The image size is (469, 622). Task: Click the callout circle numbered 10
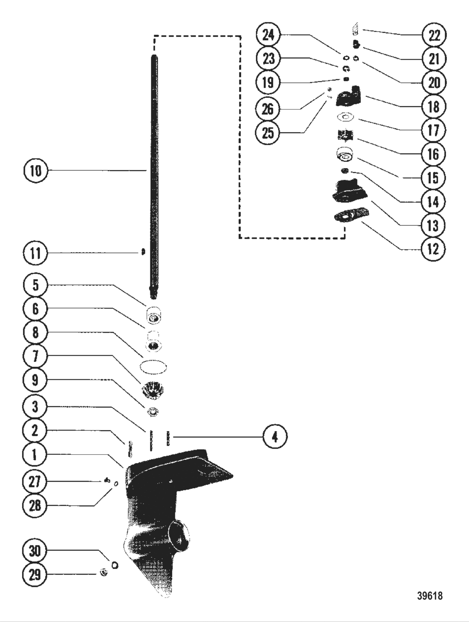(x=36, y=171)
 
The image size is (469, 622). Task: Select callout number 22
(x=433, y=35)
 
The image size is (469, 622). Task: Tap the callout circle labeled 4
(x=275, y=437)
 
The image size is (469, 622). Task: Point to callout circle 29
(x=35, y=574)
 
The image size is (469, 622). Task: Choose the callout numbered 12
(x=433, y=249)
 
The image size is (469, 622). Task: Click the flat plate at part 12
(x=350, y=216)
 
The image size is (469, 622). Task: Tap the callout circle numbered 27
(x=35, y=481)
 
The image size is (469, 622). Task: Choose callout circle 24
(x=268, y=35)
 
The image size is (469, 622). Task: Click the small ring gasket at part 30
(x=114, y=566)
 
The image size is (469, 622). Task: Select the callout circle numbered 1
(x=35, y=455)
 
